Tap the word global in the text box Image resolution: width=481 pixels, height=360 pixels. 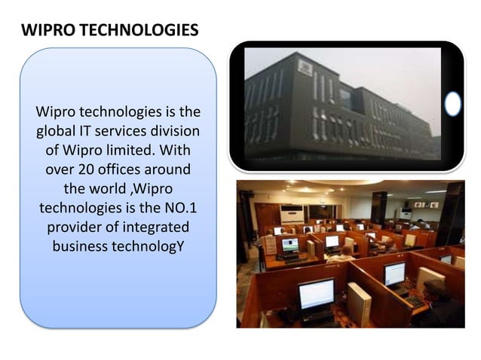(x=57, y=130)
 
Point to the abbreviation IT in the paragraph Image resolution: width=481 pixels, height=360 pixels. (x=90, y=130)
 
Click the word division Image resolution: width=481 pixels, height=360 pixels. (x=173, y=130)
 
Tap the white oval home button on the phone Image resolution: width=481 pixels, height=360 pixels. (x=452, y=104)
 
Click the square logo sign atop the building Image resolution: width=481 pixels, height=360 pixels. (x=305, y=68)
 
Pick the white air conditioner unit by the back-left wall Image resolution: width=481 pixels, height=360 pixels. (x=292, y=214)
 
